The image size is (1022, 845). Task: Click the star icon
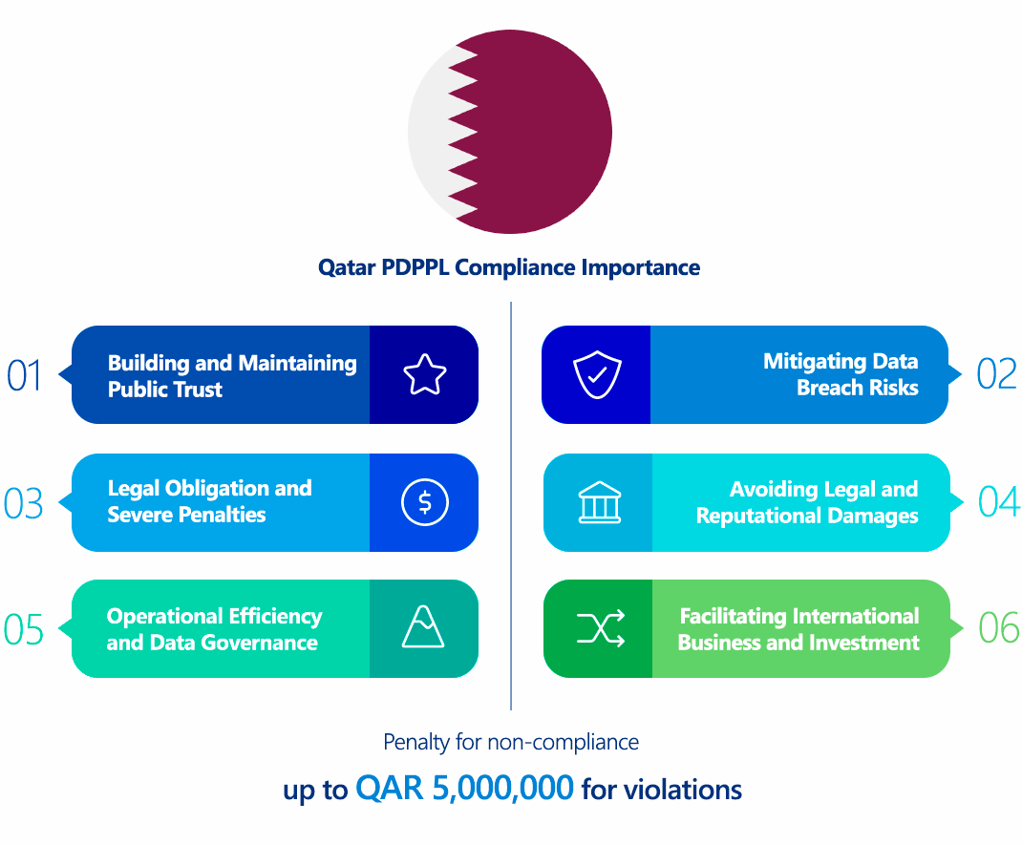click(424, 374)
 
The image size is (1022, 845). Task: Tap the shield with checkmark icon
click(597, 375)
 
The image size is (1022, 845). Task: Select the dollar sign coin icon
click(424, 502)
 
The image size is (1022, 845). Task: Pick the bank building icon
click(599, 503)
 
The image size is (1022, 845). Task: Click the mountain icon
click(423, 628)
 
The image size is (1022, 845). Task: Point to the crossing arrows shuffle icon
click(600, 628)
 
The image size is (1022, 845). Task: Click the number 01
click(25, 375)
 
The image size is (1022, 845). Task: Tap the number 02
click(997, 375)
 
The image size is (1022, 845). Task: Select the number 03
click(24, 503)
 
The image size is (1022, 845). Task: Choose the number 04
click(999, 502)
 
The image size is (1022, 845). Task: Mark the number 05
click(24, 630)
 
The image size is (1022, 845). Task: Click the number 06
click(999, 629)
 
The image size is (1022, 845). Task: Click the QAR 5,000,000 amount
click(465, 788)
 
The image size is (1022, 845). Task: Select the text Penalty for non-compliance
click(511, 742)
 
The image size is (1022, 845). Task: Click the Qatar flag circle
click(510, 132)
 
